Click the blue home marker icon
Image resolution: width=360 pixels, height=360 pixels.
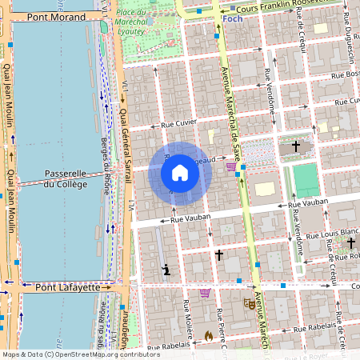(180, 173)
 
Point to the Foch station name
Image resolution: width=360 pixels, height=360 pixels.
(232, 18)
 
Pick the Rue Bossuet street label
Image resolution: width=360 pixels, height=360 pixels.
(344, 74)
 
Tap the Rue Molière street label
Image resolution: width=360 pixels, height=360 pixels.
(188, 317)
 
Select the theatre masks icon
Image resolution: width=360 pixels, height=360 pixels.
(248, 304)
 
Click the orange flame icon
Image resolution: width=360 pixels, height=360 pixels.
(210, 335)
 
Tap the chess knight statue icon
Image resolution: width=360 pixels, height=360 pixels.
(166, 269)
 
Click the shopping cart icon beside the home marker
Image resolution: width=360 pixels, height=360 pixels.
(231, 166)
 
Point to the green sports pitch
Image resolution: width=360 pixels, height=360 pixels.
(306, 180)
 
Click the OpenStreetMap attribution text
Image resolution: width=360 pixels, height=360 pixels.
(80, 354)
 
